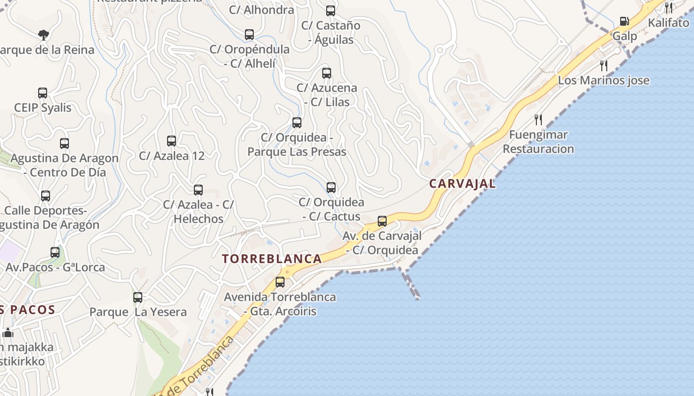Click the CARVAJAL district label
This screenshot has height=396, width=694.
coord(462,184)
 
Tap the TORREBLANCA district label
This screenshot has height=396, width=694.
coord(272,258)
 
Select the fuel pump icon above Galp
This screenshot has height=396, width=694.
coord(624,21)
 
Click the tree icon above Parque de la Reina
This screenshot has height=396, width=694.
coord(44,35)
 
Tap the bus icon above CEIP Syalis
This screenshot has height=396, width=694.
coord(43,93)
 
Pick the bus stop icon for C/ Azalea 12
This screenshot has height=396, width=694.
coord(172,141)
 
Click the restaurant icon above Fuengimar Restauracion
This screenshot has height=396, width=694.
coord(538,119)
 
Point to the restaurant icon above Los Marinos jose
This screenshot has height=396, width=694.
coord(604,65)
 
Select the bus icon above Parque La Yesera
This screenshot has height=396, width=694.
coord(138,297)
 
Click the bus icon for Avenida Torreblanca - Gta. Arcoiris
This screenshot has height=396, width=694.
coord(280,282)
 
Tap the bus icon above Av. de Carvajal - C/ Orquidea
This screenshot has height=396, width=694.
coord(382,221)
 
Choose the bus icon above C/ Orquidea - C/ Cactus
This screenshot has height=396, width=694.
coord(331,188)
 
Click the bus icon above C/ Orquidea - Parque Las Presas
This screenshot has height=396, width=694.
coord(297,123)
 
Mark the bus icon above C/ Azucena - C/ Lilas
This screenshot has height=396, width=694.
coord(327,73)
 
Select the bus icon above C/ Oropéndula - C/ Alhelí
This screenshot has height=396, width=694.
coord(249,35)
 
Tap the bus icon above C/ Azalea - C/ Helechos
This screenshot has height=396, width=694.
coord(198,190)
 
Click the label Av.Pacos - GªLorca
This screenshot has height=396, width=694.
coord(55,267)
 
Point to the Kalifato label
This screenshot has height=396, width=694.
coord(668,22)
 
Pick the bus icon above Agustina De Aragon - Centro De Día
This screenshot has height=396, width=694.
coord(64,144)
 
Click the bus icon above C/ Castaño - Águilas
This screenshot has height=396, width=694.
coord(331,10)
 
